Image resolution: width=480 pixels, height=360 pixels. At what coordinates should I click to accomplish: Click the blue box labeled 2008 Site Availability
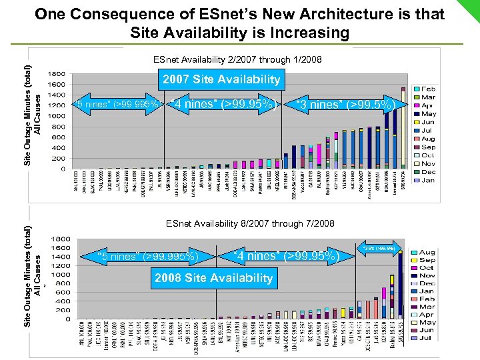click(x=213, y=278)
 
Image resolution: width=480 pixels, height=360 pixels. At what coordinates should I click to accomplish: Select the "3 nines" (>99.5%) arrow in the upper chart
click(x=350, y=104)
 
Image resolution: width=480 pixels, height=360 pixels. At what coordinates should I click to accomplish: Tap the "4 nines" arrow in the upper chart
click(x=224, y=104)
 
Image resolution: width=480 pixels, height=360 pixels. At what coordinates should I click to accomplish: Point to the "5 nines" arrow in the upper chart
click(x=117, y=104)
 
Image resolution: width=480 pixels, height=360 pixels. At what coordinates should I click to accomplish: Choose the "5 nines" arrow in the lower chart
click(x=147, y=255)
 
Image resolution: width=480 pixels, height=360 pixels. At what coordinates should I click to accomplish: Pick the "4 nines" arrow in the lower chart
click(x=287, y=255)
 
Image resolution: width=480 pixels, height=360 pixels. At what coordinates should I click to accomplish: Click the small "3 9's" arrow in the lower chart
click(x=379, y=248)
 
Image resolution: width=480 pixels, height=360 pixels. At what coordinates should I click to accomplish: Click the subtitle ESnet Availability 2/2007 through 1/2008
click(x=237, y=60)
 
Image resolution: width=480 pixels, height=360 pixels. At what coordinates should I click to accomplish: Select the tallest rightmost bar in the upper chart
click(x=403, y=127)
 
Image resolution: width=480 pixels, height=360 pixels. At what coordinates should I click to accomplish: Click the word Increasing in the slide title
click(x=297, y=33)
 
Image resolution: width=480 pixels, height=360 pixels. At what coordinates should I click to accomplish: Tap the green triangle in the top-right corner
click(x=469, y=9)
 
